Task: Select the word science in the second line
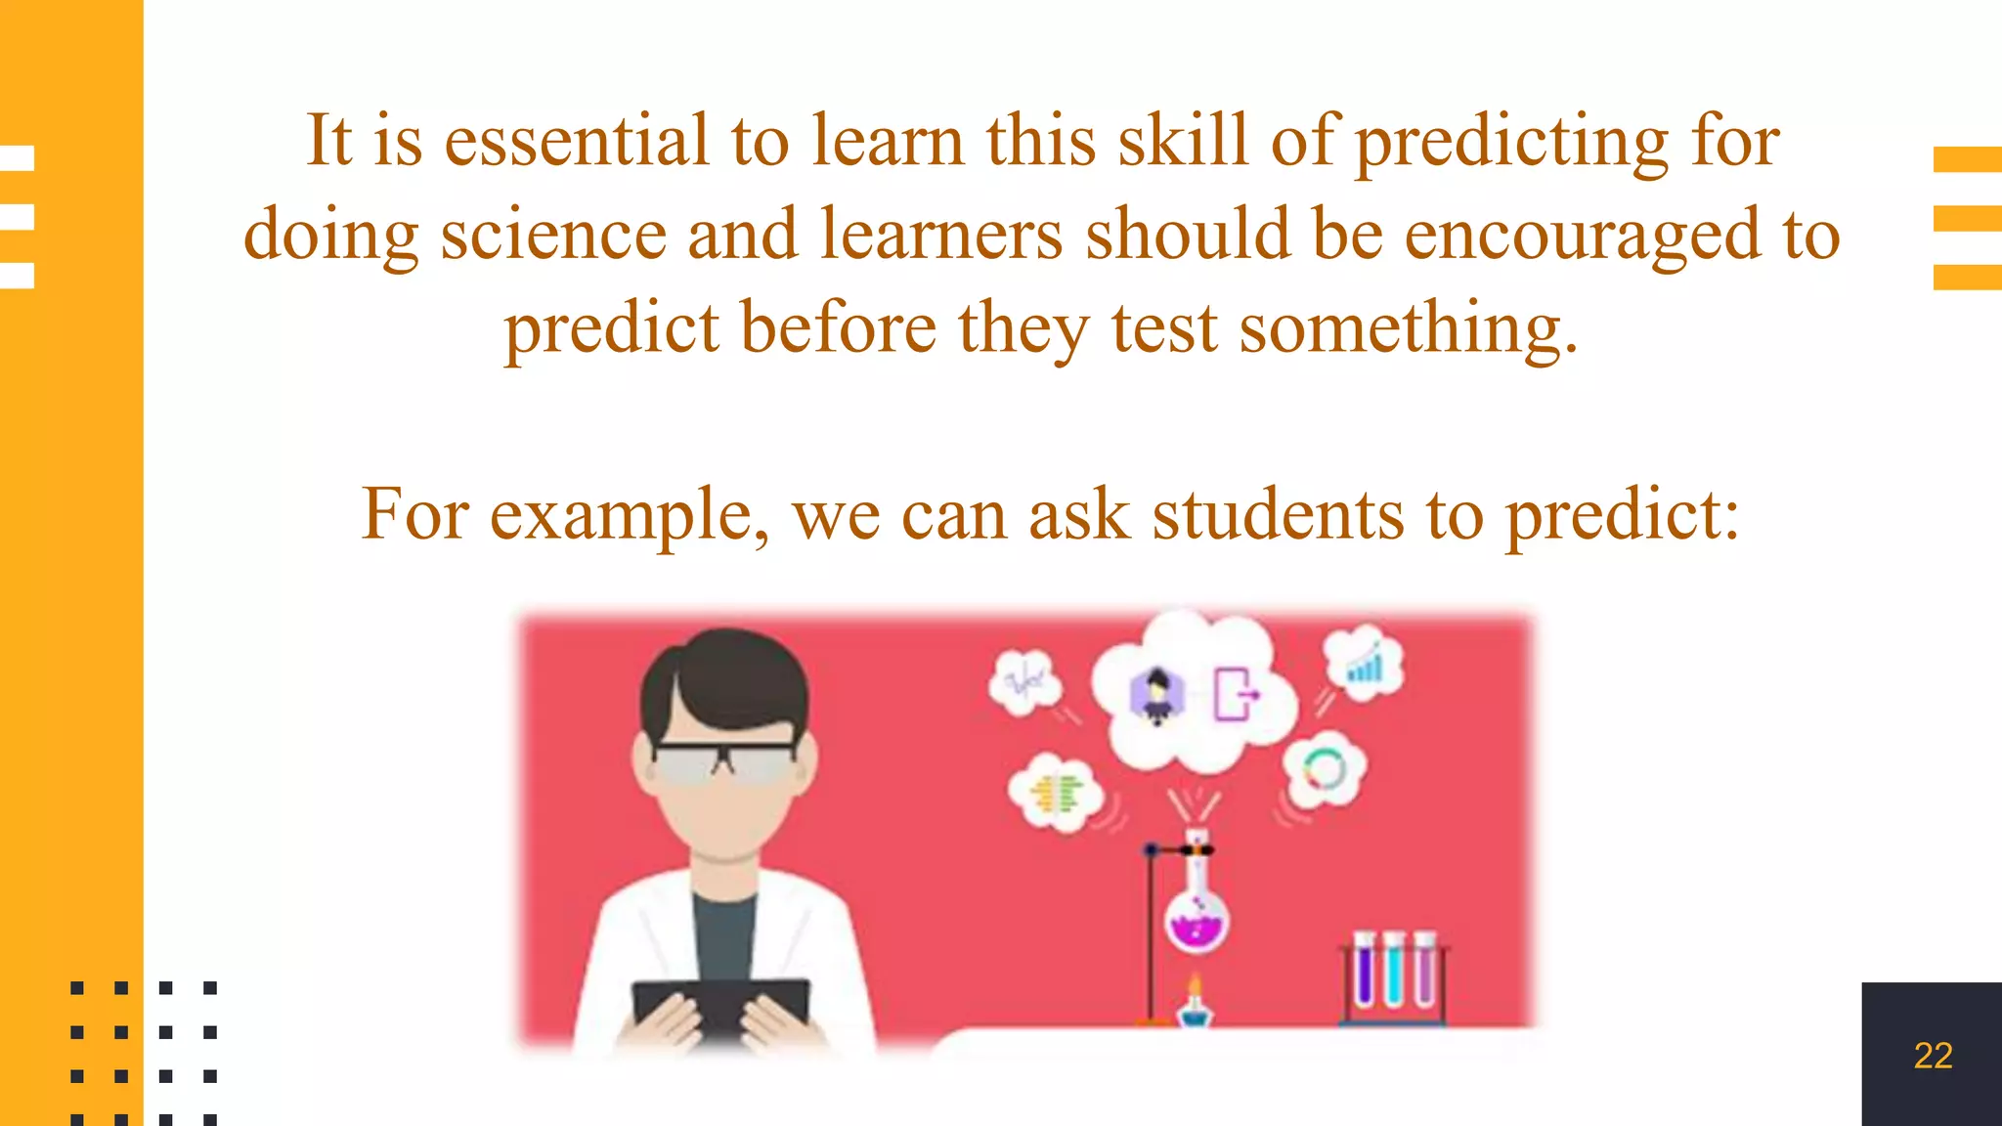click(x=553, y=236)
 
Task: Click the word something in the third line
click(x=1408, y=328)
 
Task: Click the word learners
click(x=940, y=236)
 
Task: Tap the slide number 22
click(x=1933, y=1056)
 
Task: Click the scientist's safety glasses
click(x=724, y=762)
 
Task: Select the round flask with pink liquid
click(x=1197, y=917)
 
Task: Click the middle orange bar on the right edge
click(x=1967, y=218)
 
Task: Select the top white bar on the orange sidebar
click(x=18, y=158)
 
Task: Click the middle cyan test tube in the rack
click(x=1394, y=974)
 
